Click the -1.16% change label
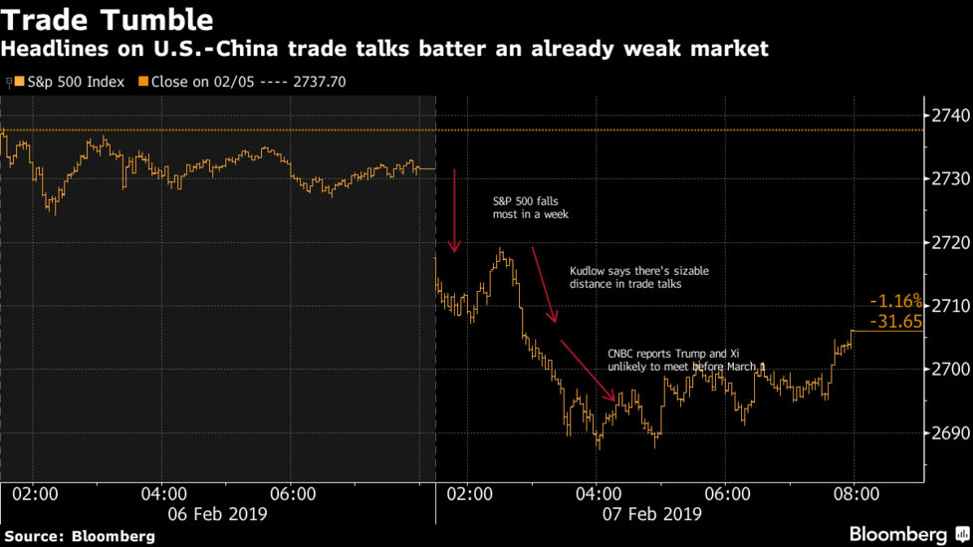pos(895,301)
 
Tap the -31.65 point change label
pos(895,321)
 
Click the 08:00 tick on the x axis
pos(854,493)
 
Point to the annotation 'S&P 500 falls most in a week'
pos(531,207)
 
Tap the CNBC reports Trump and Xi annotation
pos(686,361)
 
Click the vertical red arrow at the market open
pos(454,209)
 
